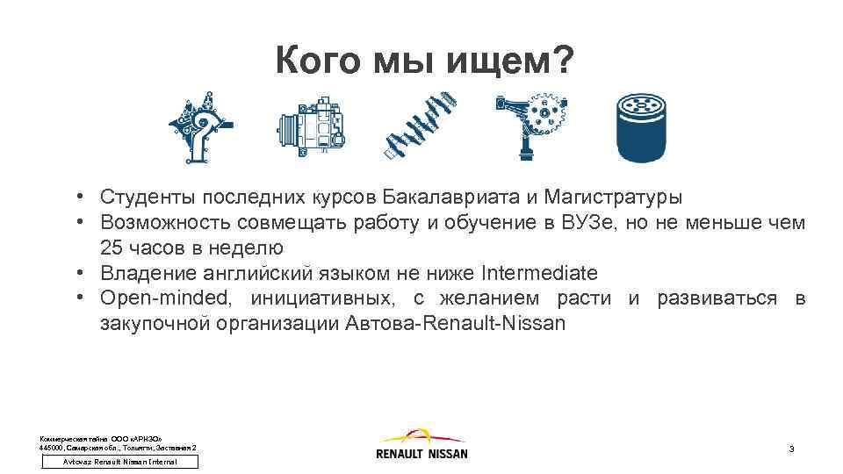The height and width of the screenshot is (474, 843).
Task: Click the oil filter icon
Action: [645, 127]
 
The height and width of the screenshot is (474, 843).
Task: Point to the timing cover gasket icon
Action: [201, 127]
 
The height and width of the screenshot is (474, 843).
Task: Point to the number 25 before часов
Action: [112, 247]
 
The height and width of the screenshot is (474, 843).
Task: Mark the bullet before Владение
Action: [79, 272]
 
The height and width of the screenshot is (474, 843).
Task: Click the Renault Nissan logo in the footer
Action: [421, 443]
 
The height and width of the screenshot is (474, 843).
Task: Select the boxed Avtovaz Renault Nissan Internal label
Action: [120, 462]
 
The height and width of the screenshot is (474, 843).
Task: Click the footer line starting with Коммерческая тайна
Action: [102, 437]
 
